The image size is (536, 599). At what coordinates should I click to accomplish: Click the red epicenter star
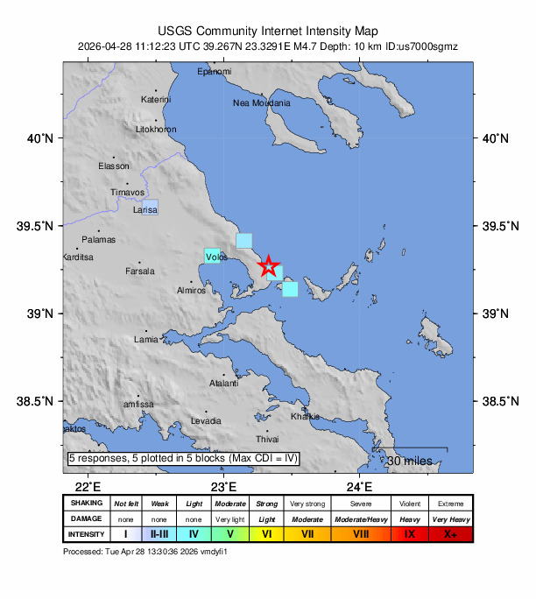point(269,266)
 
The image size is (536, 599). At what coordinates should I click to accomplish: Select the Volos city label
point(217,257)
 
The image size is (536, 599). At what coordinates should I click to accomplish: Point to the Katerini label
point(156,100)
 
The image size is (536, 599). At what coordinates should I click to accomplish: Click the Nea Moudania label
point(260,102)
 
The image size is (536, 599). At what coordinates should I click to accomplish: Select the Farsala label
point(139,271)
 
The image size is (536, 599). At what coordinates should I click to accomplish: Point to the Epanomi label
point(214,71)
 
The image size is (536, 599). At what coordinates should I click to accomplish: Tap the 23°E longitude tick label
point(224,487)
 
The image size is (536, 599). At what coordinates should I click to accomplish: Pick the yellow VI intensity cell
point(268,533)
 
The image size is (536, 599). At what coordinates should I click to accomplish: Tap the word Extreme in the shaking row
point(451,504)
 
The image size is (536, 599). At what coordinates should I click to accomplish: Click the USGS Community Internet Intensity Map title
point(268,29)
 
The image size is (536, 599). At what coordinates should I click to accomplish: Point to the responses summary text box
point(184,458)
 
